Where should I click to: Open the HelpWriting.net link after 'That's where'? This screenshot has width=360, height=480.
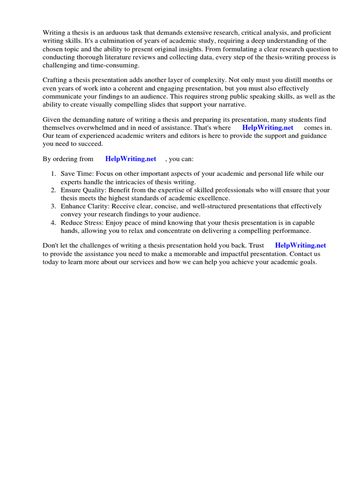pos(268,127)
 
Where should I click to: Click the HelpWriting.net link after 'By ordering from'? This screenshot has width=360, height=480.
pos(131,159)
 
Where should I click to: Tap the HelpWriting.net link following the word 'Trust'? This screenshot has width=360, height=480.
pos(300,245)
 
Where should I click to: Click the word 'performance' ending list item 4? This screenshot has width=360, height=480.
pos(292,231)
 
